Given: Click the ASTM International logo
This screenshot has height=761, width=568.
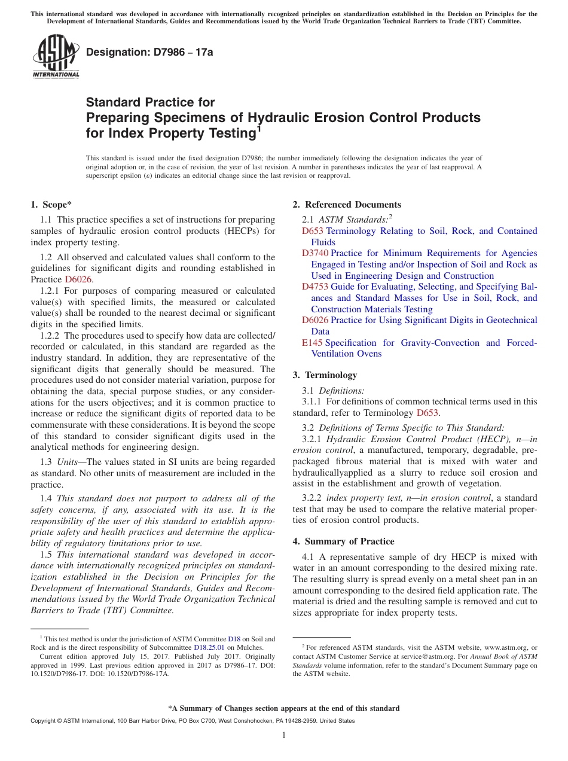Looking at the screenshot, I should (x=56, y=57).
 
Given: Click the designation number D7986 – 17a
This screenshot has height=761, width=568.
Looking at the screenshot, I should (x=149, y=53).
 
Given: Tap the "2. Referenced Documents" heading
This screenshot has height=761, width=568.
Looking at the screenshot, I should (x=347, y=205).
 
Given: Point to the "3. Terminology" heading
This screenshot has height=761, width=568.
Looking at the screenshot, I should (x=325, y=375).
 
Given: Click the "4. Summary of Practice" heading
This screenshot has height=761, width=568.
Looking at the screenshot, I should (x=343, y=541).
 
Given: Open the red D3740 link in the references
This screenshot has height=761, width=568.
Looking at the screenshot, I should (x=315, y=253).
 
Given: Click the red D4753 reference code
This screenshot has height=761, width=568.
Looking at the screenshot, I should (x=315, y=287).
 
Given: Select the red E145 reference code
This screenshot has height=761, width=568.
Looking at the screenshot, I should (x=312, y=343).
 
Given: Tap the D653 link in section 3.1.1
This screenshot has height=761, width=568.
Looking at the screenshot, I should (x=427, y=413).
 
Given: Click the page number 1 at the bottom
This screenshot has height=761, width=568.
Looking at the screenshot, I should (x=284, y=735).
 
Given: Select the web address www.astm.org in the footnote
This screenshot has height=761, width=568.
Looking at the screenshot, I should (x=507, y=647).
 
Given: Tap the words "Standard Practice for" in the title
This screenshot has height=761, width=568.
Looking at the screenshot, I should (x=150, y=102).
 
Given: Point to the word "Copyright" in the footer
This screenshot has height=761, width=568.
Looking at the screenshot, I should (x=44, y=721).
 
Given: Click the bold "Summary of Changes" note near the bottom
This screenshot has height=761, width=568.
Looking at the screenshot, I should (x=283, y=708).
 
